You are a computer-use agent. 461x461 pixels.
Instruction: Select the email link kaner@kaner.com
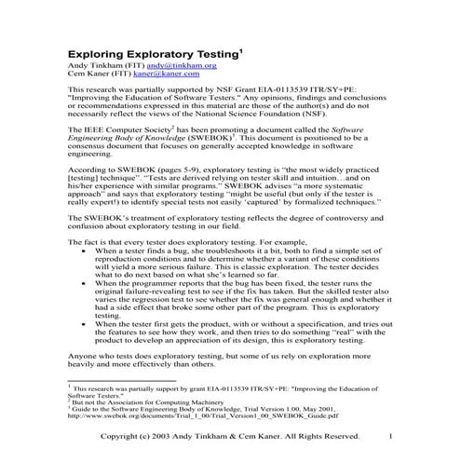158,76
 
